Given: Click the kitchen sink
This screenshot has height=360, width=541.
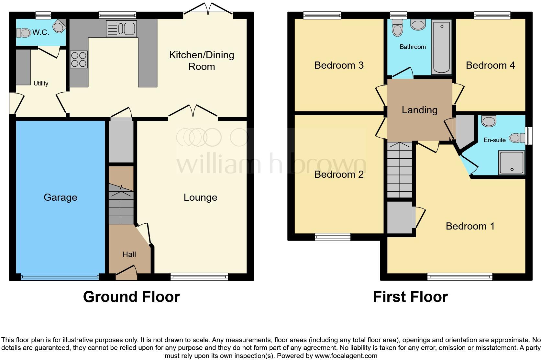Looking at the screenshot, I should [x=121, y=28].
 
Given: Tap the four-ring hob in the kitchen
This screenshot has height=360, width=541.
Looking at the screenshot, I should [x=79, y=60].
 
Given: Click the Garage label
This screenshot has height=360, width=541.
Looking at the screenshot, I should [x=61, y=197].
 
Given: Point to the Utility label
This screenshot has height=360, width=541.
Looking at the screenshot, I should [x=41, y=83].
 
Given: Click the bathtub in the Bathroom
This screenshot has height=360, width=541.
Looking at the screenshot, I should [x=441, y=47].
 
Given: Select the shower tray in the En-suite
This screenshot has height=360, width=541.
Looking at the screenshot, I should [x=511, y=163].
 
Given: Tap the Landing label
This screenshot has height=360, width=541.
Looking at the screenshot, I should [x=419, y=110].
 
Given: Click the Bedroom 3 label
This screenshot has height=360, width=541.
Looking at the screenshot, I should [x=339, y=65].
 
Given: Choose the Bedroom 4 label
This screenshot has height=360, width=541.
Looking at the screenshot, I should [x=490, y=65].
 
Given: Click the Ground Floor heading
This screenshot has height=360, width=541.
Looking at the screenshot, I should [x=131, y=297].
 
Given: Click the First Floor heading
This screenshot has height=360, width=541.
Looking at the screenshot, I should [x=410, y=297].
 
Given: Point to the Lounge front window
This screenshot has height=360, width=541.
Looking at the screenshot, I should [x=199, y=276].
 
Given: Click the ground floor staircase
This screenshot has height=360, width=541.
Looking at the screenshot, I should [x=121, y=204].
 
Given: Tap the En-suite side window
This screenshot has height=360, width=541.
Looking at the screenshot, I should [x=528, y=136].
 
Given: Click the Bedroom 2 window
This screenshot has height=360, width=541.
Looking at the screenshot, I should [x=333, y=237].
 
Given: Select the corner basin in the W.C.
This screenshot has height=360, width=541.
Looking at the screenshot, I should [x=59, y=26].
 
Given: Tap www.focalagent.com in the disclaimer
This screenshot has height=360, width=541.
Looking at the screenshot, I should [x=346, y=356].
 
